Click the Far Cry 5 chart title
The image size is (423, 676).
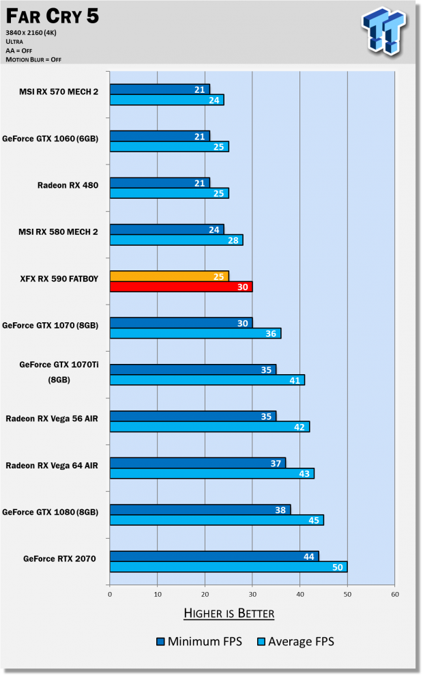coord(51,17)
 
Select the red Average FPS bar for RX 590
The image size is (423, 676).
coord(181,287)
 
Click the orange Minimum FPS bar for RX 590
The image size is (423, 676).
coord(169,276)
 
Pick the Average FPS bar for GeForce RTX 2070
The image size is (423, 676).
coord(228,567)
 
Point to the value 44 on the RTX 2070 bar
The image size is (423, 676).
coord(309,557)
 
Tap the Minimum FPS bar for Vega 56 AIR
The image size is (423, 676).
coord(192,416)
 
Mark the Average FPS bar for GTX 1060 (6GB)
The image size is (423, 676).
coord(169,147)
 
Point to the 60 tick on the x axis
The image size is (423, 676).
coord(395,594)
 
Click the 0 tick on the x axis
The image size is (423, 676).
coord(110,594)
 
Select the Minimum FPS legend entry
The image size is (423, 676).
coord(199,641)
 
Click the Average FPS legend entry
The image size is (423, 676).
coord(294,641)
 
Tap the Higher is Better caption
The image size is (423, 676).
coord(229,613)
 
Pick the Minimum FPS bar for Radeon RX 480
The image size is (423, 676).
coord(159,182)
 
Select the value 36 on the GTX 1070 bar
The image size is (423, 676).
coord(272,333)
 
